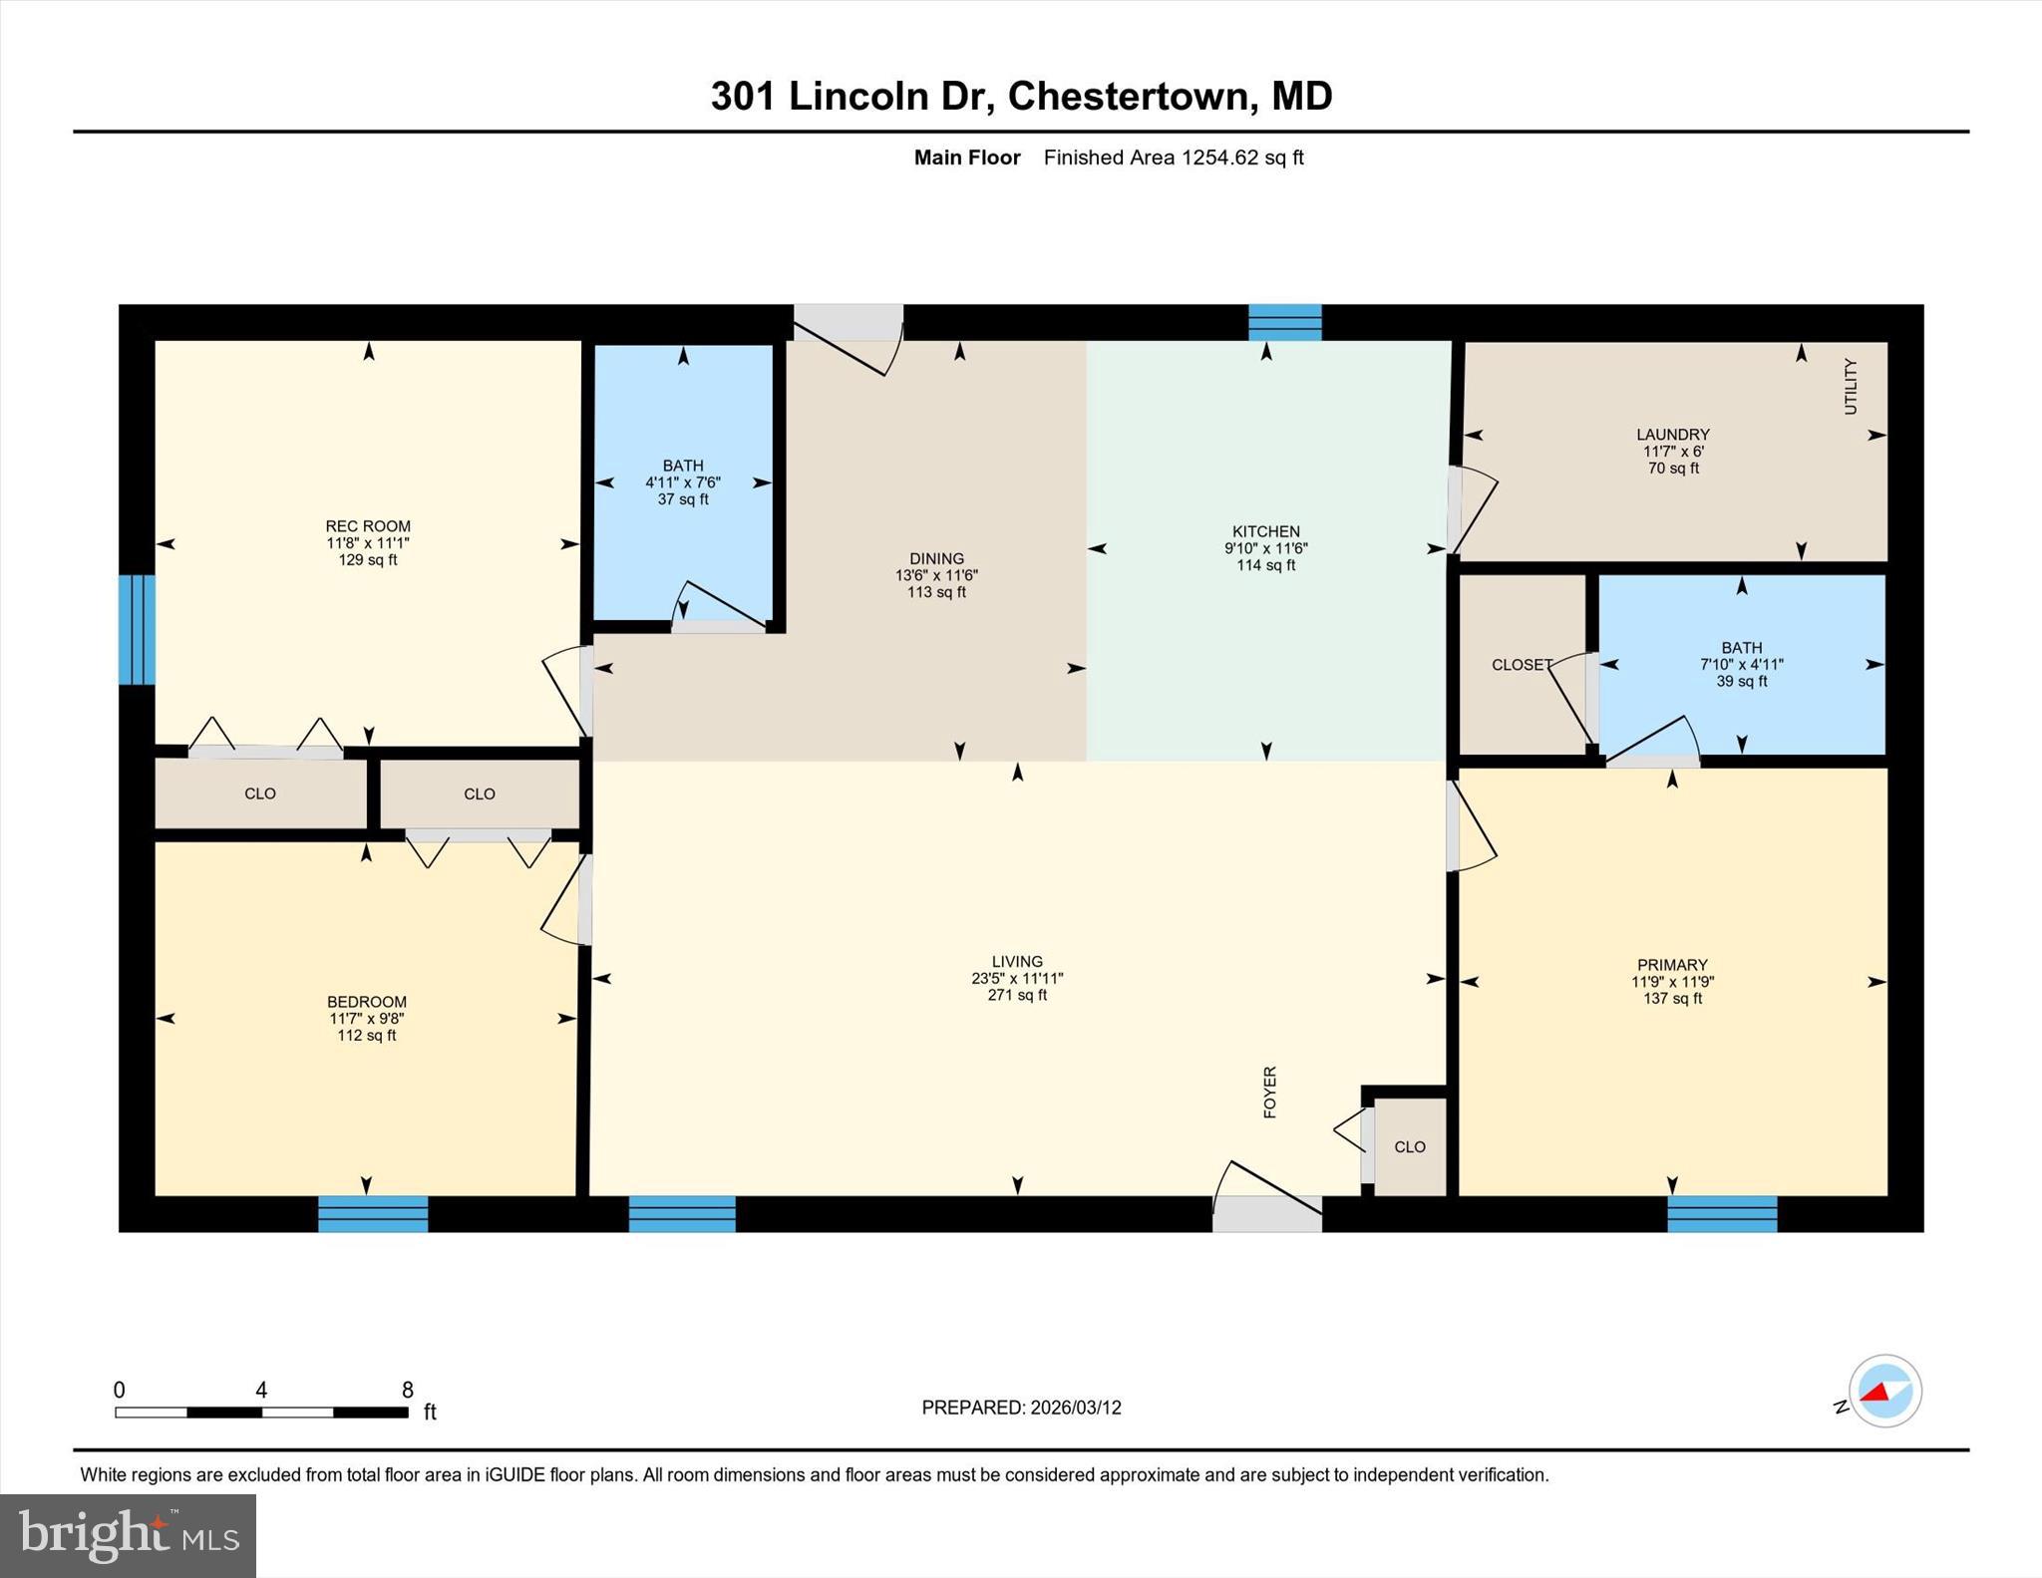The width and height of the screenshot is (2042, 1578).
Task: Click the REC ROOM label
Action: (367, 526)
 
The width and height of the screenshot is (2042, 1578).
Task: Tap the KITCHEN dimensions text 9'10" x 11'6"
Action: (1265, 548)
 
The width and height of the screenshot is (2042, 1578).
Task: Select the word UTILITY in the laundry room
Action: (1851, 386)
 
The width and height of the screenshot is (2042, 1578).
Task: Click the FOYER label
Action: (1269, 1093)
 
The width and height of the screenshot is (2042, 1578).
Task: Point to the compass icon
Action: (1884, 1392)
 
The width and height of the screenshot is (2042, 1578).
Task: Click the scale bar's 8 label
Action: (407, 1390)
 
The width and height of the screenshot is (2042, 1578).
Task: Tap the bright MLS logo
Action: (128, 1535)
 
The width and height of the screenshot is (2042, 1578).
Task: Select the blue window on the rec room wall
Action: (137, 629)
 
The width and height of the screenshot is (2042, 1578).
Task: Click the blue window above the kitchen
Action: (1284, 323)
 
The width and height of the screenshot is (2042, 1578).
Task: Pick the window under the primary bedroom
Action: (1721, 1213)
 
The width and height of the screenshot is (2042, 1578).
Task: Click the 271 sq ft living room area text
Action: (1017, 995)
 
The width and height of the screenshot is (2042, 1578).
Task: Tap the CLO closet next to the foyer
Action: (1409, 1147)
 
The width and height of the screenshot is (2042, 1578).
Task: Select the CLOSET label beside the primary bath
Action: (1521, 665)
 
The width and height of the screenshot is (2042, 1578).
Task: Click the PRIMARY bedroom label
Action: (1671, 965)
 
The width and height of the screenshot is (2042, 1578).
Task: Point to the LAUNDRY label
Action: (1672, 435)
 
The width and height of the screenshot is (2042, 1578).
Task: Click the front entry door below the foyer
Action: (1266, 1213)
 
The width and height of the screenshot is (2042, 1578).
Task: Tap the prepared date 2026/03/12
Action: (1076, 1408)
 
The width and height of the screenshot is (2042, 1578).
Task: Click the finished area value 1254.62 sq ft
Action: (1242, 158)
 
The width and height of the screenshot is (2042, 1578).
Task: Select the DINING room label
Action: (936, 559)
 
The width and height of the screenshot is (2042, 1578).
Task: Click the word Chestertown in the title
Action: (1128, 97)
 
